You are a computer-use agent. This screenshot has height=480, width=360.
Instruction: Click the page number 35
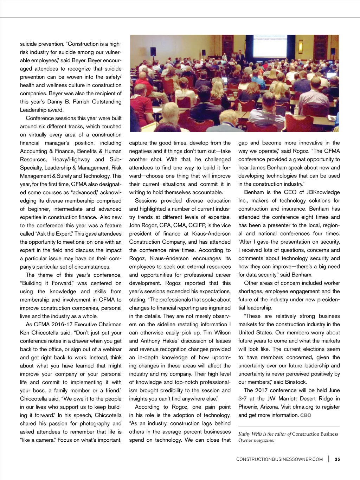pos(337,459)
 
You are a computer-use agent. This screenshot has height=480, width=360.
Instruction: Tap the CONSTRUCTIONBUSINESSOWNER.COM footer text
pos(279,459)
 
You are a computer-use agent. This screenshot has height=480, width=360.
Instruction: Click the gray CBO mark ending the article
pos(306,415)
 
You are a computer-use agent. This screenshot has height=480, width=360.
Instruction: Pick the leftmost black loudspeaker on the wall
pos(153,51)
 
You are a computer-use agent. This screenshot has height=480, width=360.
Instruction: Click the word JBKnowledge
pos(323,192)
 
